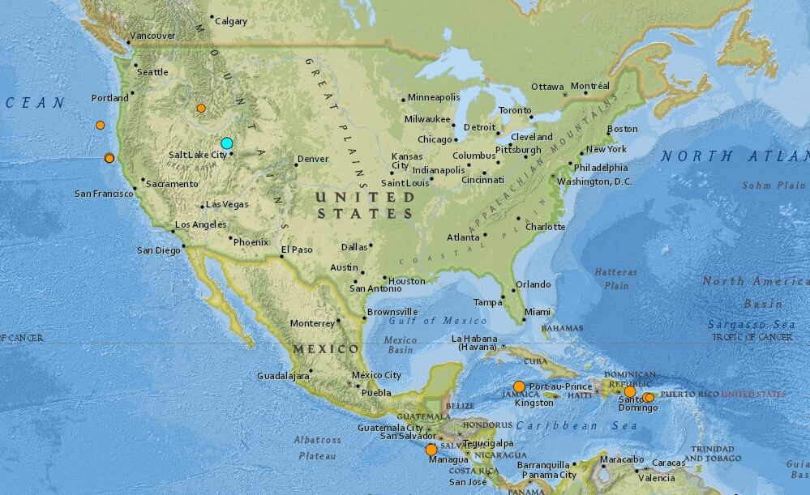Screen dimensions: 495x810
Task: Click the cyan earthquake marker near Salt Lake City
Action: tap(227, 143)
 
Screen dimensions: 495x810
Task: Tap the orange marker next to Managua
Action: tap(431, 449)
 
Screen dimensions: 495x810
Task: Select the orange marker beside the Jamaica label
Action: tap(519, 386)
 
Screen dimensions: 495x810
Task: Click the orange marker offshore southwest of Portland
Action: tap(100, 125)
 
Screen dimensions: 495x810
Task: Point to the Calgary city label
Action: tap(230, 22)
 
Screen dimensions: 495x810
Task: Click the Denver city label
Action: tap(312, 159)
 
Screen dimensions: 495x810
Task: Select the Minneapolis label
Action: tap(434, 97)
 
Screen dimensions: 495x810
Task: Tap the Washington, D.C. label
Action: tap(600, 181)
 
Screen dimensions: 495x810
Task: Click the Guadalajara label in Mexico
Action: tap(284, 376)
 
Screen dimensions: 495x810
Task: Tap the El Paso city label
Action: tap(297, 250)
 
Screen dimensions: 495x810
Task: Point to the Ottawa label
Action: tap(547, 87)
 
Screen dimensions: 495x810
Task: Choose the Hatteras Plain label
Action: tap(611, 279)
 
